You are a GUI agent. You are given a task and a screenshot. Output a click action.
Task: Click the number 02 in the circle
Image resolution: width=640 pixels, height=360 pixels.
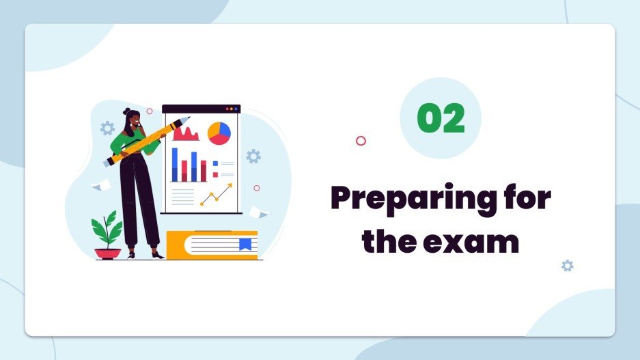pyautogui.click(x=441, y=118)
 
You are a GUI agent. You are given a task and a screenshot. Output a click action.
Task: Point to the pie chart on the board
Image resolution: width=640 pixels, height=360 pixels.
pyautogui.click(x=219, y=133)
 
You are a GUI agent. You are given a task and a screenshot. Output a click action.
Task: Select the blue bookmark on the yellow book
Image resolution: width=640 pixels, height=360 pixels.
pyautogui.click(x=245, y=244)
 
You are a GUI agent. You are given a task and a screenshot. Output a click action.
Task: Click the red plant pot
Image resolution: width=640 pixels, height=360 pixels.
pyautogui.click(x=107, y=253)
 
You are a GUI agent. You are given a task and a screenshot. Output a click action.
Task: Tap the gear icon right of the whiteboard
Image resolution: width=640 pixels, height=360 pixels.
pyautogui.click(x=253, y=156)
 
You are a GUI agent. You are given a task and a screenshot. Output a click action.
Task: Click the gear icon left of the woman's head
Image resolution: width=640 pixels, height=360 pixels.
pyautogui.click(x=107, y=128)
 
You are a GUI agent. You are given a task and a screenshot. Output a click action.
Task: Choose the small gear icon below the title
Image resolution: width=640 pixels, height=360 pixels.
pyautogui.click(x=567, y=266)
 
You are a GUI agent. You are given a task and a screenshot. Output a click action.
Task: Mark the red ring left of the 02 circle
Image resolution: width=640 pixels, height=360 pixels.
pyautogui.click(x=361, y=141)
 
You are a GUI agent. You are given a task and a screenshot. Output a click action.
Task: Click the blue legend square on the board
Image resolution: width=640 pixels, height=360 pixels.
pyautogui.click(x=215, y=164)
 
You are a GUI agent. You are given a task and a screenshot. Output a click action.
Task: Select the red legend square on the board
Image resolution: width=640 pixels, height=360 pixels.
pyautogui.click(x=215, y=175)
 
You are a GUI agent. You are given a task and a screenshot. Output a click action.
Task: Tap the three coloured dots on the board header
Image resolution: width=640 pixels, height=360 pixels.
pyautogui.click(x=232, y=109)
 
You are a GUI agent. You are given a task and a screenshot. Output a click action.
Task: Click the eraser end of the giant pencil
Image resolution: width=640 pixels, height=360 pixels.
pyautogui.click(x=109, y=162)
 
